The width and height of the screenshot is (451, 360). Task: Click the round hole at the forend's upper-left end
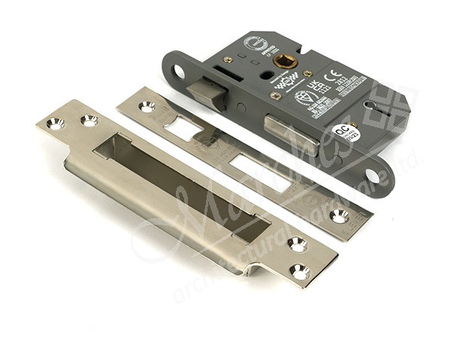180,72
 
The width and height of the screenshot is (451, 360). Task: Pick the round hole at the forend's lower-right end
373,177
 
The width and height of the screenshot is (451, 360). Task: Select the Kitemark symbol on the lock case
304,98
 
